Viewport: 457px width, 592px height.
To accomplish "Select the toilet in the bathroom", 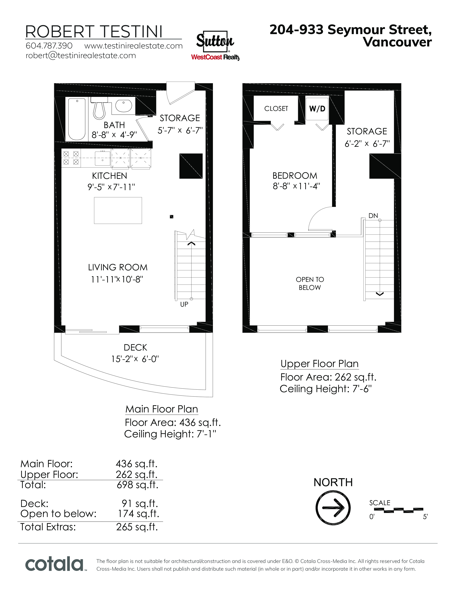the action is (x=99, y=108).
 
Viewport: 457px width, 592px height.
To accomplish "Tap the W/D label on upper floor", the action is (x=317, y=109).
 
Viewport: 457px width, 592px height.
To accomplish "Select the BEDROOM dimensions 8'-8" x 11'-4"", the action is (x=296, y=186).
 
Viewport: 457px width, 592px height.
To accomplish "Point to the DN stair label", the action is (x=373, y=216).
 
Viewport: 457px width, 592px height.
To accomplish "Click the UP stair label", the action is (x=184, y=304).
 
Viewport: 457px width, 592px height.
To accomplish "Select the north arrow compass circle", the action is (x=333, y=508).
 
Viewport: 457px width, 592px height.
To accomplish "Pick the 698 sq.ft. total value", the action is (x=137, y=485).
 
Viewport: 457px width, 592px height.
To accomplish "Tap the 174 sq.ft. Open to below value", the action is (x=139, y=514).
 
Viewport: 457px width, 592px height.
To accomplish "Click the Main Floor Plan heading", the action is (x=162, y=409).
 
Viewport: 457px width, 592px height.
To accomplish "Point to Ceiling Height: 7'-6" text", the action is (x=326, y=389).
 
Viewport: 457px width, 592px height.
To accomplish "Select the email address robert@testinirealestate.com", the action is (x=81, y=56).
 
